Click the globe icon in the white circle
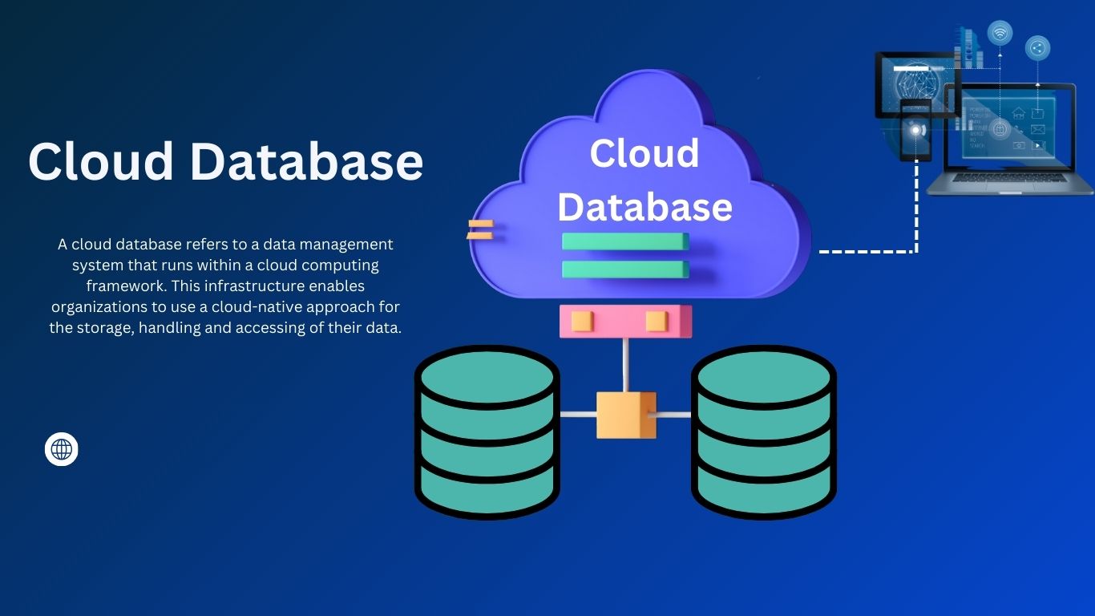(x=62, y=449)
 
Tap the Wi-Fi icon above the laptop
(x=1000, y=33)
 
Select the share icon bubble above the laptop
(x=1037, y=48)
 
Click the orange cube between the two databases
(x=626, y=415)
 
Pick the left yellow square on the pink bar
(x=582, y=322)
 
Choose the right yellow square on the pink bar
(x=657, y=322)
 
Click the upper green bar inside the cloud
(x=625, y=241)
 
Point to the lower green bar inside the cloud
(x=625, y=269)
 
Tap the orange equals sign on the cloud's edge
(x=479, y=229)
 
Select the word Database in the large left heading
(x=306, y=161)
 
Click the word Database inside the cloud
(x=644, y=206)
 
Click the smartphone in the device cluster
(x=915, y=131)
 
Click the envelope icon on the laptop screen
(x=1038, y=129)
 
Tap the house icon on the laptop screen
(x=1019, y=113)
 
